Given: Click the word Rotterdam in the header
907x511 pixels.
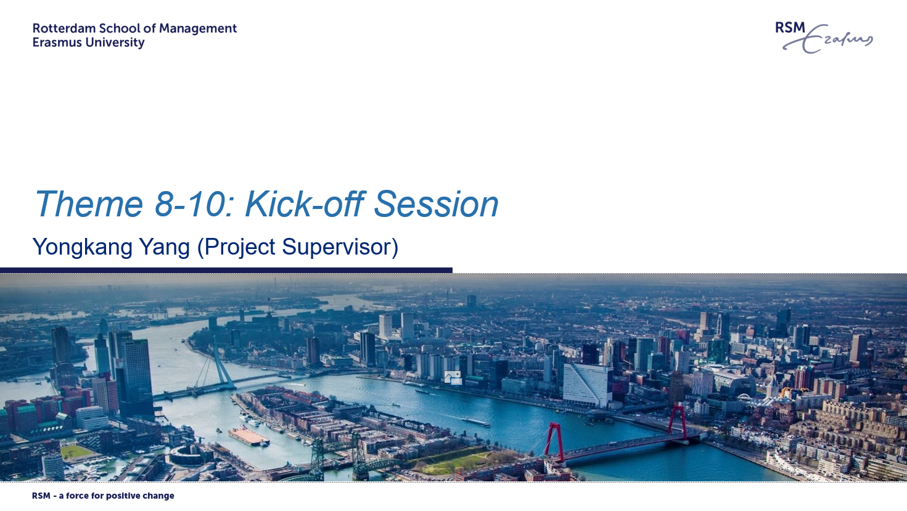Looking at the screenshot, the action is pos(64,28).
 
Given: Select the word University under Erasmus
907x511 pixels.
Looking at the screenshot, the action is pos(109,43).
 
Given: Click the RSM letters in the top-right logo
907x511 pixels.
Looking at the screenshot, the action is pos(790,28).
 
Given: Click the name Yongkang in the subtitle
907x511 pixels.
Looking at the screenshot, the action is pos(82,247).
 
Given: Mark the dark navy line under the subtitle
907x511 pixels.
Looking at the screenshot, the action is pos(226,270).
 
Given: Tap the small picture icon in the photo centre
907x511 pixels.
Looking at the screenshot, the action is pos(453,378).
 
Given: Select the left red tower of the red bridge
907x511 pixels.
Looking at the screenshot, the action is pos(554,442).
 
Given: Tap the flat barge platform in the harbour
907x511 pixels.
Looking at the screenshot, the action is pos(248,436).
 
